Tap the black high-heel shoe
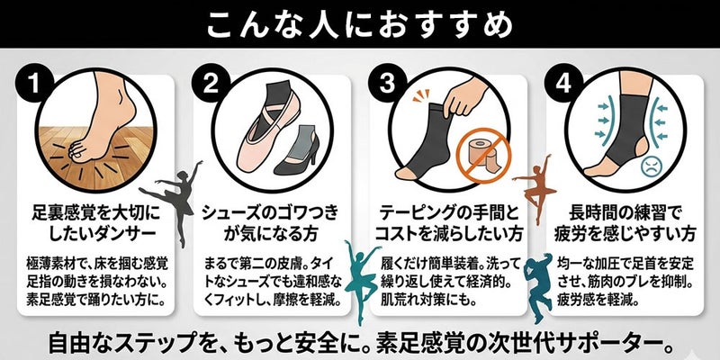click(x=295, y=150)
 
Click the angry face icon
click(x=651, y=166)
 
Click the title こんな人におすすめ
click(x=359, y=23)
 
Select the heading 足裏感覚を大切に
click(x=96, y=212)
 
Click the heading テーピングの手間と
click(x=448, y=212)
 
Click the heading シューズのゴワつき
click(x=271, y=212)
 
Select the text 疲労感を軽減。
click(x=592, y=301)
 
